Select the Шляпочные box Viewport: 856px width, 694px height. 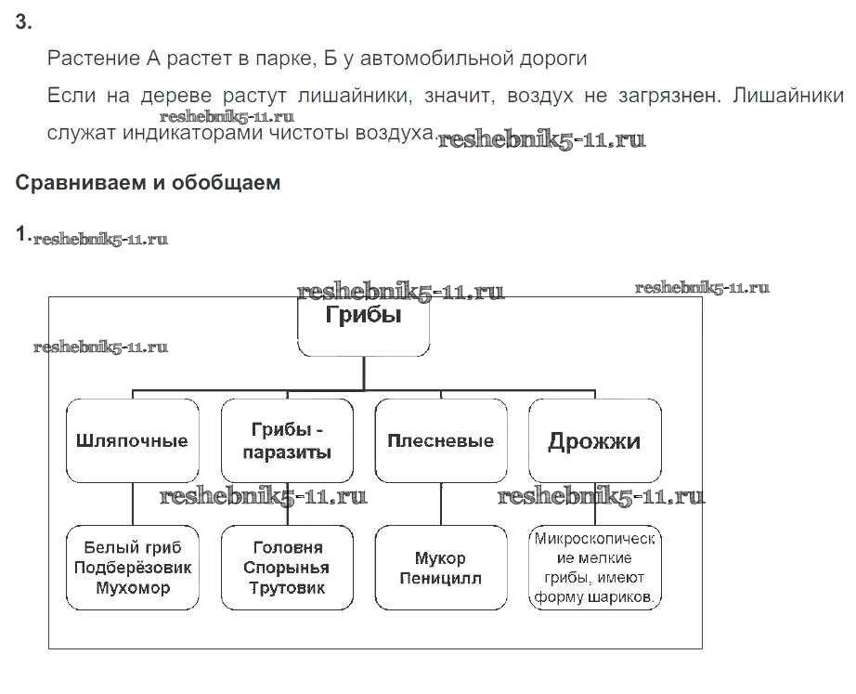pyautogui.click(x=132, y=440)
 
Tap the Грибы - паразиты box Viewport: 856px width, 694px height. pyautogui.click(x=287, y=440)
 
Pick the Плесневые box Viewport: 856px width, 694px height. pyautogui.click(x=440, y=440)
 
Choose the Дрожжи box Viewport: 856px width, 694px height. pyautogui.click(x=594, y=440)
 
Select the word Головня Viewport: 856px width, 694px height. pyautogui.click(x=287, y=546)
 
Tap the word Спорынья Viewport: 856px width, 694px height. pyautogui.click(x=287, y=567)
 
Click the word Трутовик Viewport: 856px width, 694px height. pyautogui.click(x=287, y=587)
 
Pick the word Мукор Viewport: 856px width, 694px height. pyautogui.click(x=440, y=558)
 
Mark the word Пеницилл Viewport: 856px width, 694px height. pyautogui.click(x=440, y=578)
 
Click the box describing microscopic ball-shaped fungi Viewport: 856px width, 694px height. pyautogui.click(x=594, y=568)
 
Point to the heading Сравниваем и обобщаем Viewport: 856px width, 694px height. pyautogui.click(x=148, y=183)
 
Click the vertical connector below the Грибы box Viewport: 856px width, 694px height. pyautogui.click(x=363, y=372)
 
